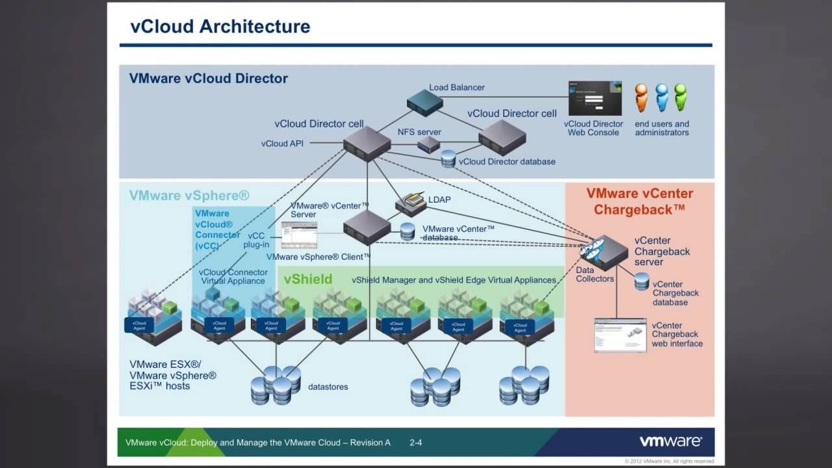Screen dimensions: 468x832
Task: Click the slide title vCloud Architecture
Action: [220, 27]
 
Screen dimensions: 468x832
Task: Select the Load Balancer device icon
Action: [424, 103]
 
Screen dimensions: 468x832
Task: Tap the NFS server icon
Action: [428, 144]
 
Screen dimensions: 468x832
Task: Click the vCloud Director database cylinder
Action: [448, 159]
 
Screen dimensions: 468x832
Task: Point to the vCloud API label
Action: [282, 144]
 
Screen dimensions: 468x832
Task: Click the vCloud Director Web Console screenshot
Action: [595, 98]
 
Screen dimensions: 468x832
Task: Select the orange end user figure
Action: [642, 97]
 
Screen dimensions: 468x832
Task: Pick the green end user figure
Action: [681, 97]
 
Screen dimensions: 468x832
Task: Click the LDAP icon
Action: [411, 203]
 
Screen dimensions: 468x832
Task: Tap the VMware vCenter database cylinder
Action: [408, 231]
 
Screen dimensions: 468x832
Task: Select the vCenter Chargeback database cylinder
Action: [642, 282]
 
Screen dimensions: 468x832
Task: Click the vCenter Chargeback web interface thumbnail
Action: [620, 335]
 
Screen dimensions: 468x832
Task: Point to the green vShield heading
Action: [307, 279]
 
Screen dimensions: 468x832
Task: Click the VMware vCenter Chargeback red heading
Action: [640, 201]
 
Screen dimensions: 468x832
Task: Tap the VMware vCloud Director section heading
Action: [208, 79]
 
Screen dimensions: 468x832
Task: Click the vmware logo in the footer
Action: [670, 442]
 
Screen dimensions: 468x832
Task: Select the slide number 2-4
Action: [416, 443]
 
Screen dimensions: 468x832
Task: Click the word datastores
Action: [328, 387]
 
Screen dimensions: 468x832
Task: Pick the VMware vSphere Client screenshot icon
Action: [299, 235]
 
